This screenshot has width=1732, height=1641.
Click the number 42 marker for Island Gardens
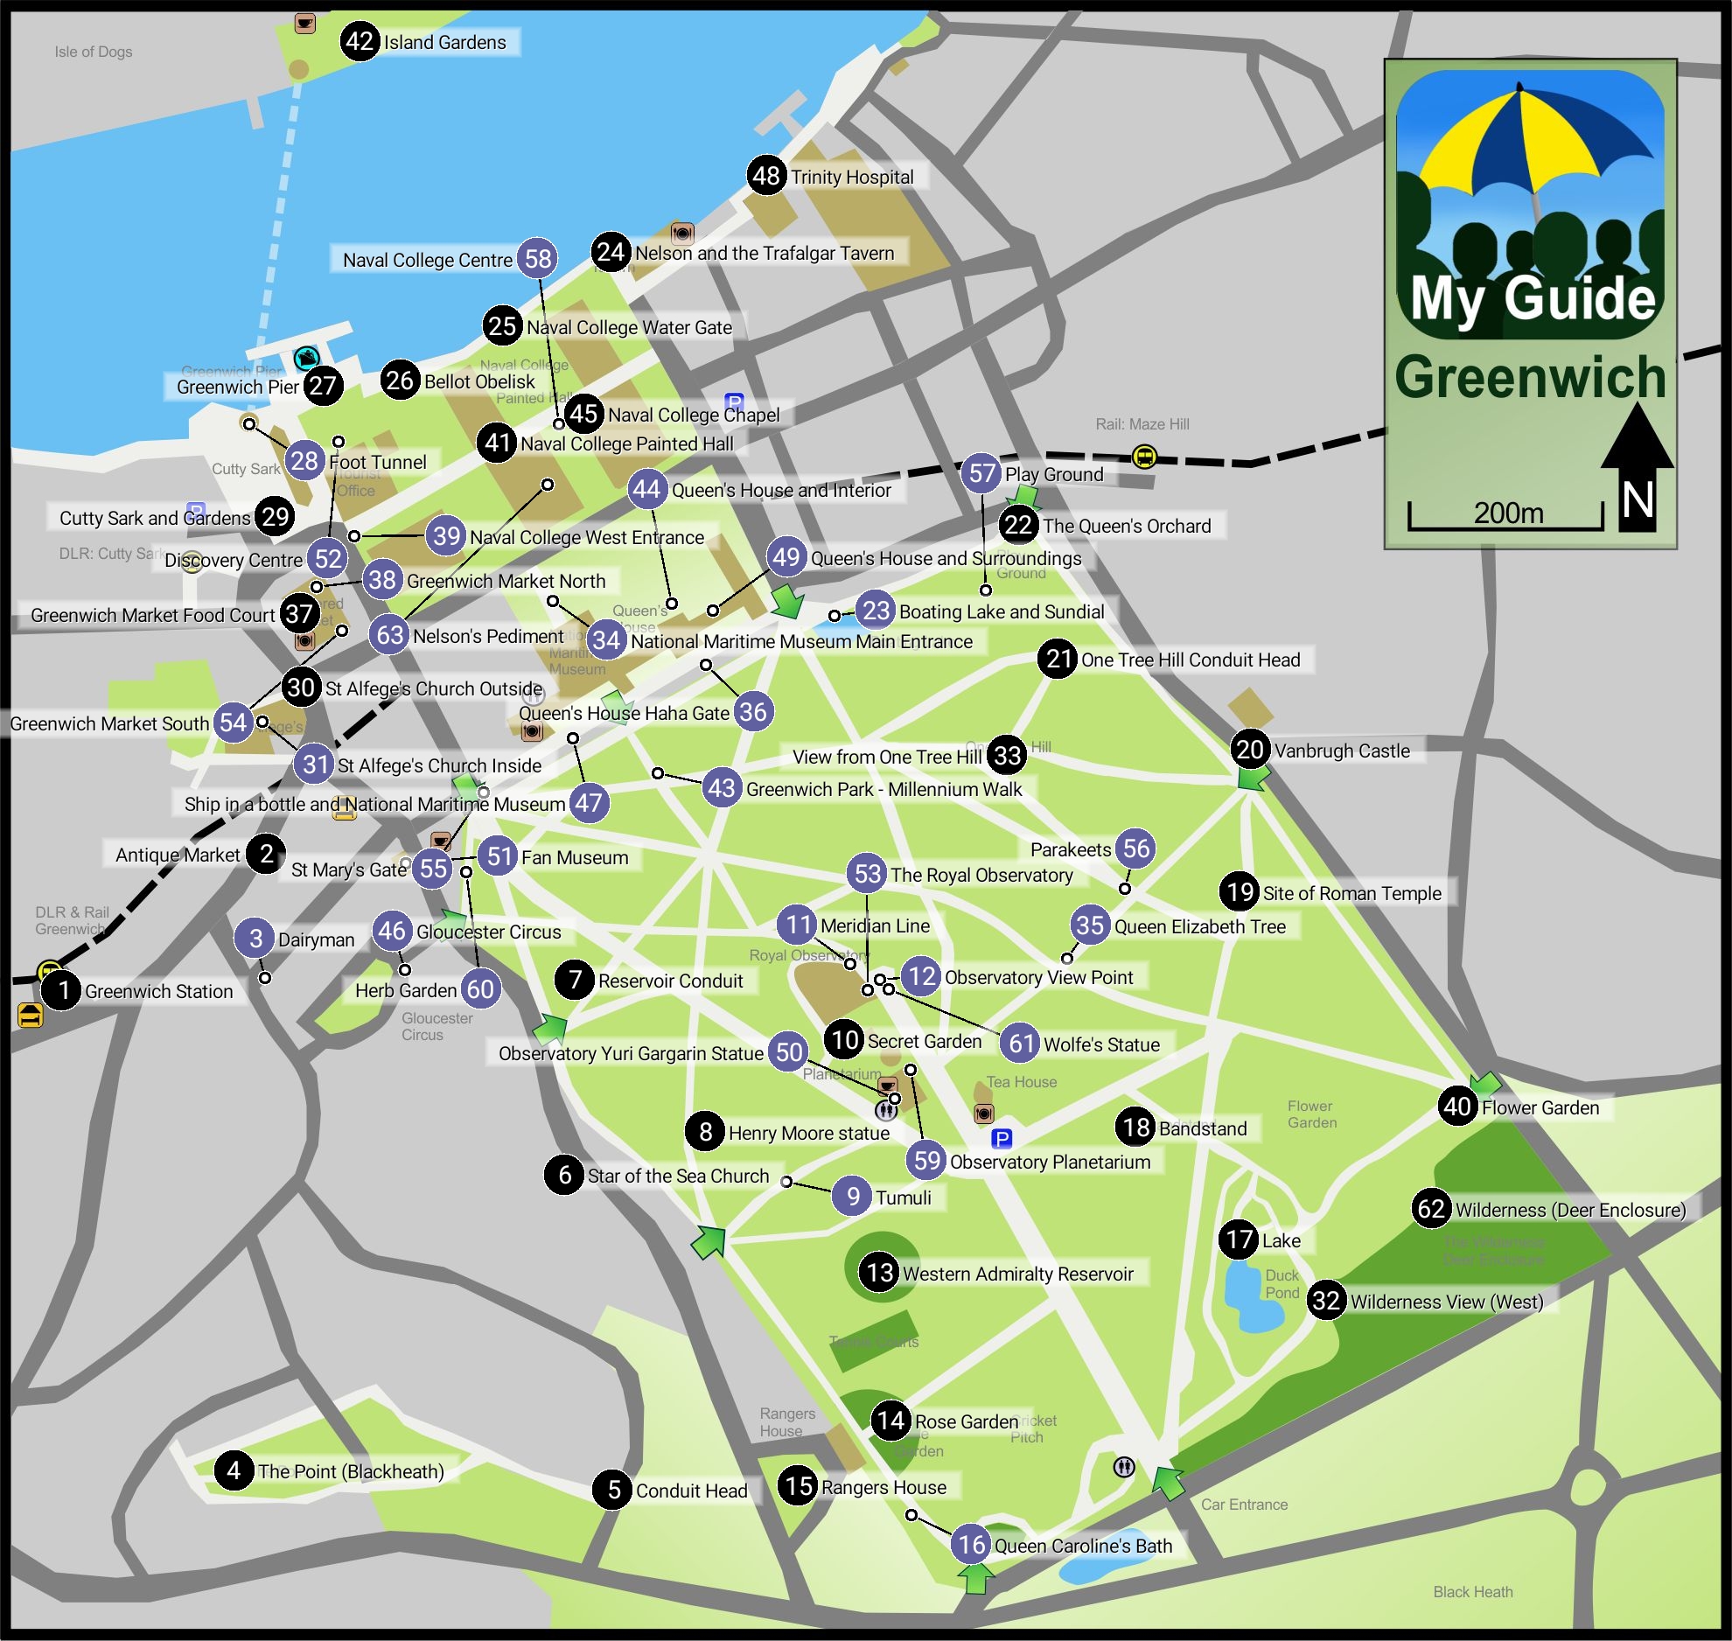pos(360,41)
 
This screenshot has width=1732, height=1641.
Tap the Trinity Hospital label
pos(852,177)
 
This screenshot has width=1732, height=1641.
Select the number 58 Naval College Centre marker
pos(538,258)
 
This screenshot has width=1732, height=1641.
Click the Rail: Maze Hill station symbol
pos(1144,456)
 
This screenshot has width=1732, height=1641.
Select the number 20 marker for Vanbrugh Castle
pos(1249,749)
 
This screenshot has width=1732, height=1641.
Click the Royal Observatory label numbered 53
pos(981,875)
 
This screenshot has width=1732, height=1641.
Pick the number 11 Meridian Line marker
pos(797,925)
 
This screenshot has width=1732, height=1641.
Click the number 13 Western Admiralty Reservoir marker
pos(879,1272)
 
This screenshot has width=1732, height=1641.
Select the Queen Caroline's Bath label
pos(1083,1546)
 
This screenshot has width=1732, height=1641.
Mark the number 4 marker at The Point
pos(234,1470)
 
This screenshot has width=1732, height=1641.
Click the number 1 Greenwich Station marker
pos(62,990)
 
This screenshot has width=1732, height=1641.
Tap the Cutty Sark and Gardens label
pos(155,518)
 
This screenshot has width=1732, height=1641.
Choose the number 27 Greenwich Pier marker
pos(323,385)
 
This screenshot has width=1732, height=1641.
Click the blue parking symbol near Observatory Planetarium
pos(1002,1138)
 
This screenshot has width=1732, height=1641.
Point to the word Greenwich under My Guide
pos(1530,377)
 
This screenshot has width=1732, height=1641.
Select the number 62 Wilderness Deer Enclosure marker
pos(1431,1209)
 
